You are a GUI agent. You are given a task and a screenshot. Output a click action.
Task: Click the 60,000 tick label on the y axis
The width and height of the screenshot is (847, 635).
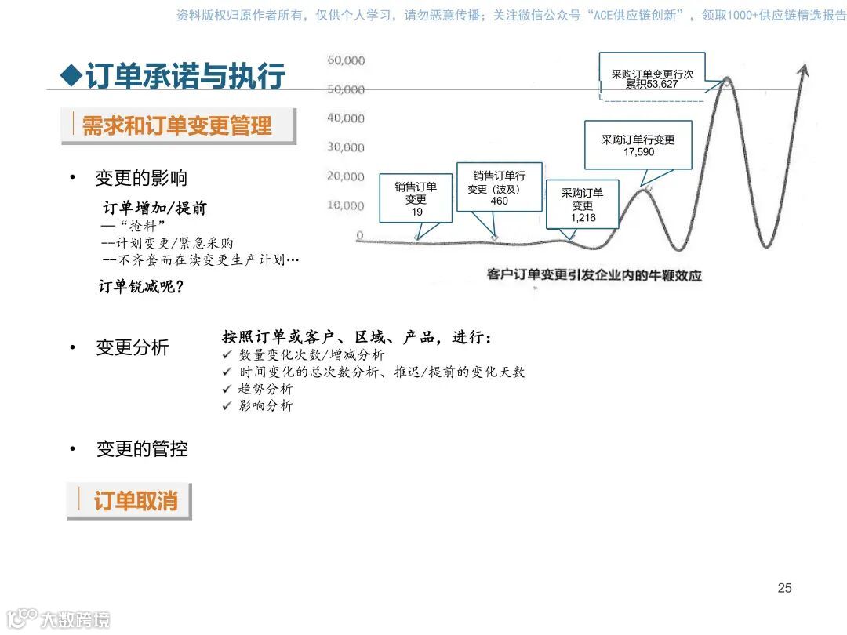click(x=346, y=60)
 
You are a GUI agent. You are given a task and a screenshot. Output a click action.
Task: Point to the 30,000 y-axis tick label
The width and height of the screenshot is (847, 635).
click(x=346, y=147)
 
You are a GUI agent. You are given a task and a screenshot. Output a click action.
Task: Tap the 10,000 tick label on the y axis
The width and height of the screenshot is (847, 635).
click(x=346, y=205)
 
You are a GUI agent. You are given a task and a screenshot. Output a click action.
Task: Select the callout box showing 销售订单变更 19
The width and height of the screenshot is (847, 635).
click(x=416, y=199)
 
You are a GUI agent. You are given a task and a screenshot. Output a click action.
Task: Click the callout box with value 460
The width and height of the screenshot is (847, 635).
click(x=499, y=188)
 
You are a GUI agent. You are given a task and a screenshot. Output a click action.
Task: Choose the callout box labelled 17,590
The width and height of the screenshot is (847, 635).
click(x=638, y=145)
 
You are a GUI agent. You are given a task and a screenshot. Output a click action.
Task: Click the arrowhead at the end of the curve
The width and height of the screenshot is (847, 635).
click(x=802, y=70)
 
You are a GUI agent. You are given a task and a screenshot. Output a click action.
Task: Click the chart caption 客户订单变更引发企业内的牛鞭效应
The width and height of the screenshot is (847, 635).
click(x=594, y=275)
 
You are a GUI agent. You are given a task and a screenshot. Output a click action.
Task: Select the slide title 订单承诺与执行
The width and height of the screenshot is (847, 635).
click(x=185, y=77)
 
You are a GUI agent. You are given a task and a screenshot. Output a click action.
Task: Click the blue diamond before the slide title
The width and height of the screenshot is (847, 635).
click(x=71, y=76)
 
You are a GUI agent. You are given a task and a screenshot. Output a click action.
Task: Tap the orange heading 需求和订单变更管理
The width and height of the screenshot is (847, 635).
click(x=178, y=126)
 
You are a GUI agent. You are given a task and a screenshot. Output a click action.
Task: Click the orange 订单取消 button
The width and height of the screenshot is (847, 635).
click(x=135, y=501)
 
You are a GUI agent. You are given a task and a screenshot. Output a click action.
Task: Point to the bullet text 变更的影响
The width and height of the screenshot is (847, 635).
click(x=141, y=178)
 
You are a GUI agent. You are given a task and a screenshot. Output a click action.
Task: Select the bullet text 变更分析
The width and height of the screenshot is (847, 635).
click(x=132, y=347)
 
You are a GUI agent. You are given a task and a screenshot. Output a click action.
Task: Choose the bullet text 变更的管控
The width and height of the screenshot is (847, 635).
click(x=142, y=449)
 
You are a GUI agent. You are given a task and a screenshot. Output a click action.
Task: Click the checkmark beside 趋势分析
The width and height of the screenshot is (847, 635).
click(x=227, y=389)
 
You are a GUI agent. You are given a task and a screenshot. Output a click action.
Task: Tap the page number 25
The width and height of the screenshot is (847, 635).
click(x=784, y=588)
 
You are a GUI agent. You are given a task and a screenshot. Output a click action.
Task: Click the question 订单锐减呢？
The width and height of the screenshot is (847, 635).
click(x=141, y=287)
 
